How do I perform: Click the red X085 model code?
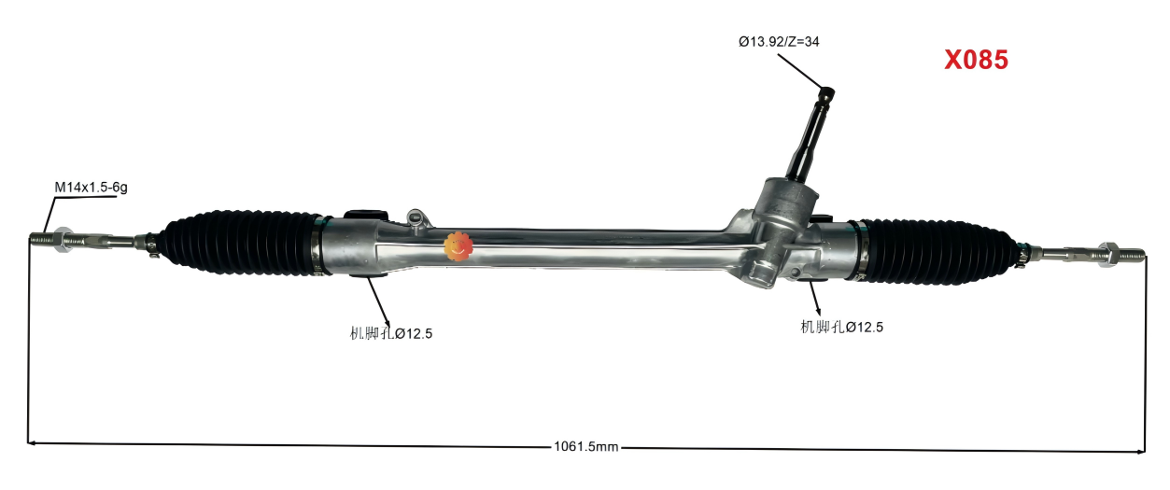coord(976,61)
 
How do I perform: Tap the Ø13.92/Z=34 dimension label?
coord(779,41)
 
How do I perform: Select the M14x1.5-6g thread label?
coord(91,188)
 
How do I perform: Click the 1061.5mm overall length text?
coord(586,447)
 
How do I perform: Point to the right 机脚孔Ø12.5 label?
coord(841,327)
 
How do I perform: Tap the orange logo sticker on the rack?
coord(458,246)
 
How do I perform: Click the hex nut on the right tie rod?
coord(1110,251)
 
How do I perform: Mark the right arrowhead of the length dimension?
coord(1140,451)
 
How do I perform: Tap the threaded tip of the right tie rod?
coord(1132,252)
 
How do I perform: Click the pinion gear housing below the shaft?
coord(780,210)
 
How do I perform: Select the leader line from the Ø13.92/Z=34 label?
coord(798,69)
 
